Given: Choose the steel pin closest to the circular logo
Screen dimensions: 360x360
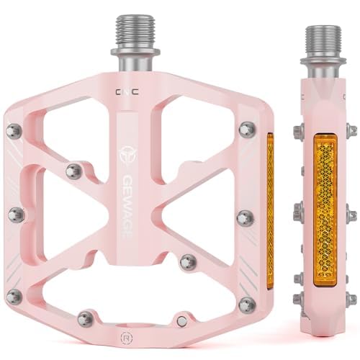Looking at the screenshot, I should coord(73,171).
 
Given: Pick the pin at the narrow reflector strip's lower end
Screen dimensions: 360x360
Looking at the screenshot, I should coord(247,302).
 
